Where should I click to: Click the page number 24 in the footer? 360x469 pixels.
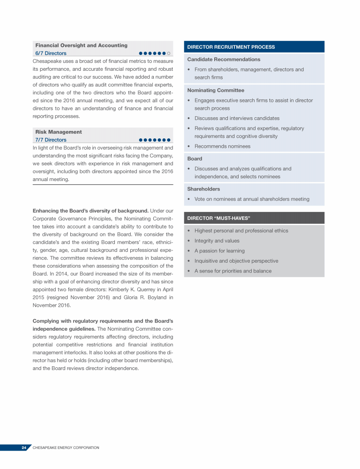pos(23,448)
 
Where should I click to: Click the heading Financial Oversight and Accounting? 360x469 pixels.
pos(81,45)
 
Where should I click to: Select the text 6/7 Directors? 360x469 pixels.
pos(51,53)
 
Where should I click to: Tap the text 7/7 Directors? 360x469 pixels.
pos(51,140)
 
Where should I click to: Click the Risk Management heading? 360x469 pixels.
pos(59,132)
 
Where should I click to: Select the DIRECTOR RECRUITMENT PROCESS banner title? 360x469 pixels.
pos(231,47)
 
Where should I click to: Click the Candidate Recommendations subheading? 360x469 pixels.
pos(224,60)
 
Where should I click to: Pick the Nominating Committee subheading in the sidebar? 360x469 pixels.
pos(216,90)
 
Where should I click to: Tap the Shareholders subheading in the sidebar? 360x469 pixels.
pos(203,189)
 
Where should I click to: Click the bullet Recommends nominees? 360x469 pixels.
pos(222,146)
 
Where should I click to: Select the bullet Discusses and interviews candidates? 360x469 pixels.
pos(237,118)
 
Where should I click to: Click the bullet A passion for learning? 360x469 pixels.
pos(219,251)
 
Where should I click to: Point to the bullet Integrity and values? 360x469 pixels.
pos(217,241)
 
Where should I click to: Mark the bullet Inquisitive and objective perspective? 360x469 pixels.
pos(236,261)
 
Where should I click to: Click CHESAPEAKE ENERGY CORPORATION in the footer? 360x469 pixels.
pos(66,448)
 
